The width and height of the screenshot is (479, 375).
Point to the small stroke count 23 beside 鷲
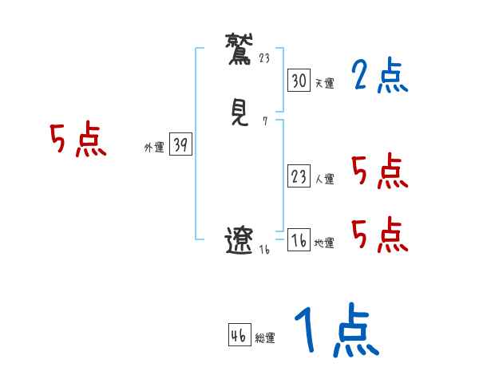click(266, 57)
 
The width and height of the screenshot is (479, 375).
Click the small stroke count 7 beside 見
click(265, 121)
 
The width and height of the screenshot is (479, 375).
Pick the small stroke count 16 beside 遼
click(265, 249)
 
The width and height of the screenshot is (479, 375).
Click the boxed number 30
click(299, 81)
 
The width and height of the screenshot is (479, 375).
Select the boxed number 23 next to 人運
click(299, 176)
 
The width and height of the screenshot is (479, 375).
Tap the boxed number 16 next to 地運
click(299, 240)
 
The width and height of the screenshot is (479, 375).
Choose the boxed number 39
click(180, 144)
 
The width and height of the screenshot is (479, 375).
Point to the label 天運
click(324, 83)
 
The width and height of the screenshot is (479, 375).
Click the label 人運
click(324, 179)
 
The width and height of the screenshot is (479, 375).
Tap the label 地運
click(324, 243)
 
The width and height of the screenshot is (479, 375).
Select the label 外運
click(154, 147)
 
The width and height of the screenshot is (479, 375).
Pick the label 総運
click(265, 337)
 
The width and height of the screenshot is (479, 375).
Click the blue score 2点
click(379, 77)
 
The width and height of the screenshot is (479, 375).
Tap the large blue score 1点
click(335, 332)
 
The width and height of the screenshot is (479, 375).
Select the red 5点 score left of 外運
click(77, 141)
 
